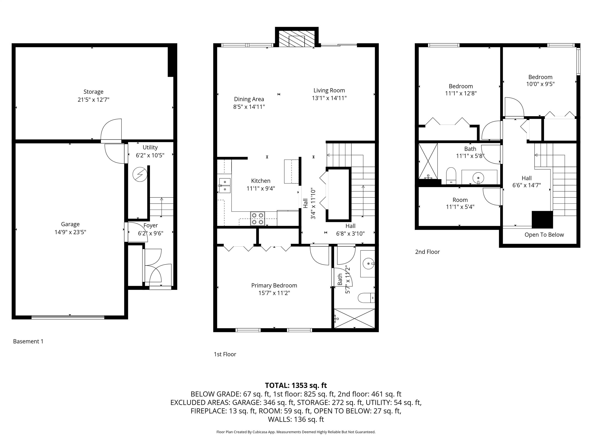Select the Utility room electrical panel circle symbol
(x=140, y=174)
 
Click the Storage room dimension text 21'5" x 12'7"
(x=93, y=100)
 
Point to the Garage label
(x=70, y=224)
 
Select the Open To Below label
(x=544, y=235)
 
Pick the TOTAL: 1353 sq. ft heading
(x=296, y=385)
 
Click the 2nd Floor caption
(x=427, y=252)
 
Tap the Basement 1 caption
(x=28, y=341)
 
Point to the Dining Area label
(x=249, y=99)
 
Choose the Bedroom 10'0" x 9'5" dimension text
(x=540, y=84)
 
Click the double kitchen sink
(x=225, y=185)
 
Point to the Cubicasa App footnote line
(x=296, y=432)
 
